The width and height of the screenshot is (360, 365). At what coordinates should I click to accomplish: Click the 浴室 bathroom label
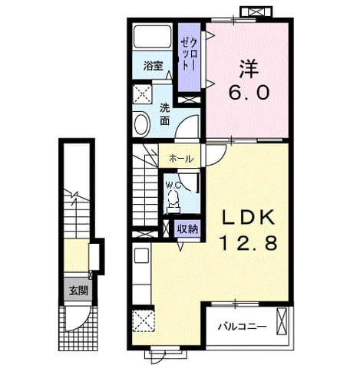pyautogui.click(x=153, y=66)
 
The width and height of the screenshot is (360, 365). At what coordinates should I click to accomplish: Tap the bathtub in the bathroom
pyautogui.click(x=152, y=36)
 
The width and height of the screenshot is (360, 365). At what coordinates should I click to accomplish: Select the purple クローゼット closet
pyautogui.click(x=189, y=57)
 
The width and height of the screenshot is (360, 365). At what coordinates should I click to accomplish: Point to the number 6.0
pyautogui.click(x=249, y=93)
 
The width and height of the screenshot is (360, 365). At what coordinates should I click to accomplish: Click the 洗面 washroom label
pyautogui.click(x=164, y=114)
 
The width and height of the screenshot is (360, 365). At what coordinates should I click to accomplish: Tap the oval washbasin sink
pyautogui.click(x=141, y=124)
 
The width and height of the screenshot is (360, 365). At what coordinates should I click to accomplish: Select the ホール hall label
pyautogui.click(x=181, y=159)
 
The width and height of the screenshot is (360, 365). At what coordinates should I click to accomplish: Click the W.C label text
pyautogui.click(x=173, y=186)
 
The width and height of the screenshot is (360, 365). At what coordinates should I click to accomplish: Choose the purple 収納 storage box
pyautogui.click(x=188, y=229)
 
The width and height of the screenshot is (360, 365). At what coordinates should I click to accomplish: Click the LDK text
pyautogui.click(x=249, y=219)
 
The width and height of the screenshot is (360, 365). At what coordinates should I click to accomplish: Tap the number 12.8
pyautogui.click(x=249, y=243)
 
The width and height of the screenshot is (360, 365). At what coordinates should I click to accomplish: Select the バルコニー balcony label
pyautogui.click(x=243, y=327)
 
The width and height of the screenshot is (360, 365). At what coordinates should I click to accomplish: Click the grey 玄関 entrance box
pyautogui.click(x=78, y=291)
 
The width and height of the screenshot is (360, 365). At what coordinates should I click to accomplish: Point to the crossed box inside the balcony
pyautogui.click(x=282, y=321)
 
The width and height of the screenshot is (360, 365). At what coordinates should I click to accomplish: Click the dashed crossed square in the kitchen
pyautogui.click(x=144, y=321)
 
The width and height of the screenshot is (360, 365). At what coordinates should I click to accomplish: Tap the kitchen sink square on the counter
pyautogui.click(x=141, y=255)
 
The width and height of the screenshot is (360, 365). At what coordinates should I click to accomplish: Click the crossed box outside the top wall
pyautogui.click(x=256, y=12)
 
